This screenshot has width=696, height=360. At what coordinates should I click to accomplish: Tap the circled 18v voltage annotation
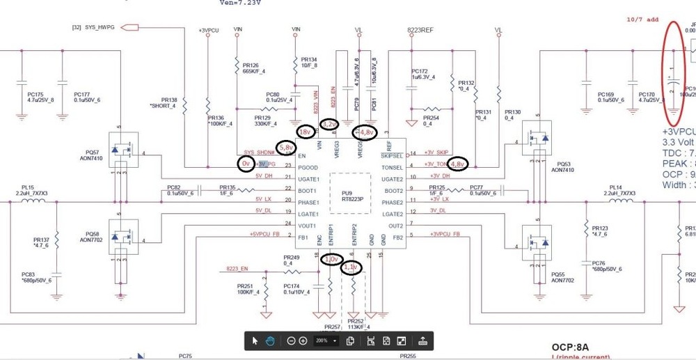click(x=305, y=132)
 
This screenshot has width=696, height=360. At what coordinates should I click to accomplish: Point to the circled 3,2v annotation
click(x=331, y=124)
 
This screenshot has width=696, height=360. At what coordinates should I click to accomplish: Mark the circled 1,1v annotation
click(x=351, y=267)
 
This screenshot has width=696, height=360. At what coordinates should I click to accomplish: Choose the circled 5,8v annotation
click(x=286, y=148)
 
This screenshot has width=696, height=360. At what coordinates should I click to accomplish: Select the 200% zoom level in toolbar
click(x=322, y=341)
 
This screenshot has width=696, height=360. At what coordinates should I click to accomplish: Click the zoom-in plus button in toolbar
click(x=303, y=341)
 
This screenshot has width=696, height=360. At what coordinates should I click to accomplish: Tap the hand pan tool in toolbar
click(x=270, y=341)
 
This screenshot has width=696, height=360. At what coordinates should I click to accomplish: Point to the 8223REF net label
click(x=420, y=31)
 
